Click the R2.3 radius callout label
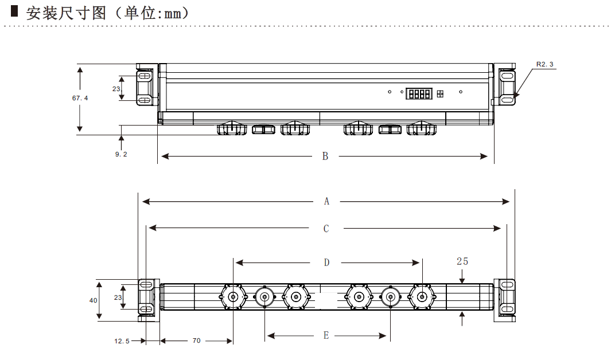coord(544,64)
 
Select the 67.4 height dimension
coord(80,98)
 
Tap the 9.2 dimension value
coord(121,154)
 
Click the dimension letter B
coord(325,156)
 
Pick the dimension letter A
coord(326,201)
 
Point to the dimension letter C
coord(326,229)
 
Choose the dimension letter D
coord(326,263)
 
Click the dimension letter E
coord(326,335)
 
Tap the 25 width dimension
coord(462,261)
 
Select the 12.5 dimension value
coord(122,341)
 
